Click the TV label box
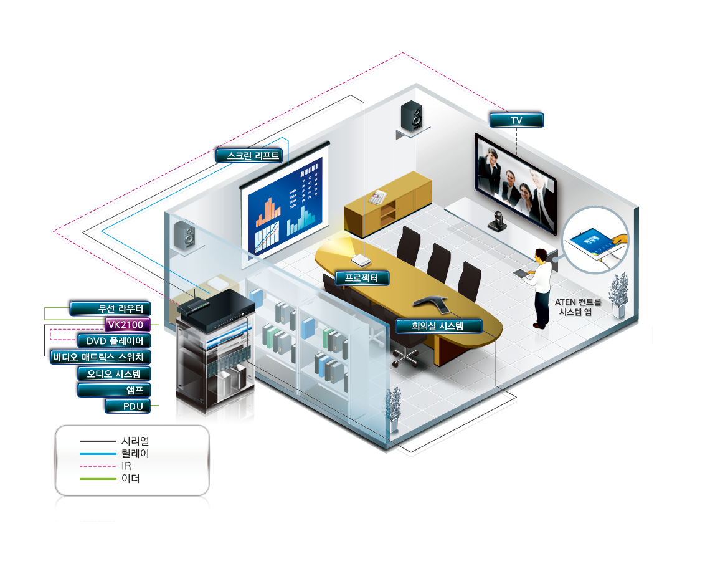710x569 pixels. point(516,120)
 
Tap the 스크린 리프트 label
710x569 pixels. point(249,156)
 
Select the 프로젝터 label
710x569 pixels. point(362,278)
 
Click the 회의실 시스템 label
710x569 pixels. point(439,325)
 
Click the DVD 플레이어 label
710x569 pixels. point(113,341)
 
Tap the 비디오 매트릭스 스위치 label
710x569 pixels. point(100,357)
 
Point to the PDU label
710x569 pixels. point(127,406)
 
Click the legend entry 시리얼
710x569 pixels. point(135,441)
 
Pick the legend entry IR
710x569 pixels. point(126,466)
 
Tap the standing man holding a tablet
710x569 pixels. point(541,286)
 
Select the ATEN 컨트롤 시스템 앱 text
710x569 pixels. point(579,307)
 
